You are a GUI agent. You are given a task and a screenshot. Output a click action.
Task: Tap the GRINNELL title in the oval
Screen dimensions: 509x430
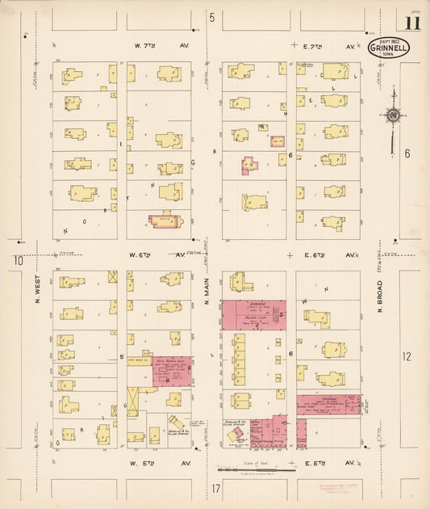(x=388, y=48)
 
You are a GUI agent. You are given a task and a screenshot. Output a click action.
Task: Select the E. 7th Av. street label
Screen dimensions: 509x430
(x=330, y=47)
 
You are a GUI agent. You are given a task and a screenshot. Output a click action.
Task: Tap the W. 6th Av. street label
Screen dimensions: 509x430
(x=152, y=254)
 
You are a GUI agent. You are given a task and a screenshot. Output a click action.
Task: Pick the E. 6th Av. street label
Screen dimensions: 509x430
(x=330, y=254)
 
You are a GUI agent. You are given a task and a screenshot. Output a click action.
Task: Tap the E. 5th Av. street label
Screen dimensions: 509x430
(x=330, y=463)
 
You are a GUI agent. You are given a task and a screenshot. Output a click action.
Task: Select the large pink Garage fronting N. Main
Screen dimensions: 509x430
(x=254, y=315)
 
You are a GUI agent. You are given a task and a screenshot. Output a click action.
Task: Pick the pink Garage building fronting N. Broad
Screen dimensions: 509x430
(x=328, y=404)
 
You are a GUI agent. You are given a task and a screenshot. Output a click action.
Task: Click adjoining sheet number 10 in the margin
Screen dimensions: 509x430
(x=15, y=261)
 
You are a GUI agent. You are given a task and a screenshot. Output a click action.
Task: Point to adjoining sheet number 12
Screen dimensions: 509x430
(x=407, y=355)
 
